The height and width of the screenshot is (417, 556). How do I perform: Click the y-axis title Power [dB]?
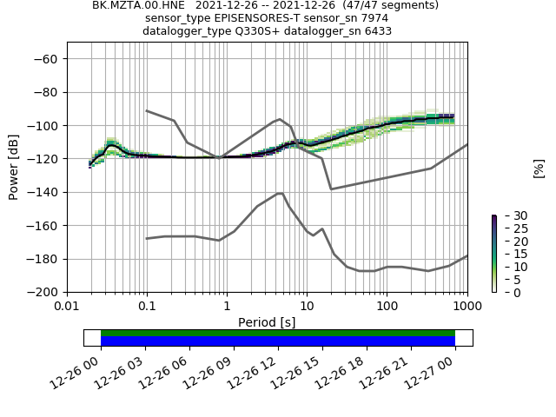coord(14,167)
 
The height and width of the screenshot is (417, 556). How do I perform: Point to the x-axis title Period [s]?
coord(267,322)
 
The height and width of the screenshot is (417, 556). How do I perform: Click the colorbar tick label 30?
coord(508,215)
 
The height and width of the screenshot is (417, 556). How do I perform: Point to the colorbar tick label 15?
coord(508,254)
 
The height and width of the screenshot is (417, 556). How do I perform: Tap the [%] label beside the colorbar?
coord(539,168)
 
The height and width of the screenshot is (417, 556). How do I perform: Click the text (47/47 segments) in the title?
coord(382,5)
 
